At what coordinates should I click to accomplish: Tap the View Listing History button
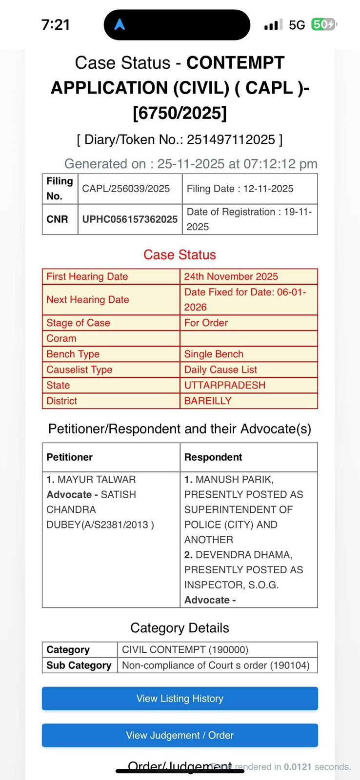tap(180, 698)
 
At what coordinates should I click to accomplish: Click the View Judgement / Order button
tap(180, 735)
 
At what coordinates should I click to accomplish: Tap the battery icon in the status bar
tap(323, 24)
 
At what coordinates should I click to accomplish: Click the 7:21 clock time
tap(56, 24)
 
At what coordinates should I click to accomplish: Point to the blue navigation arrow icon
tap(120, 24)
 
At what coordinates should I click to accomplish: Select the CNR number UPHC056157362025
tap(130, 219)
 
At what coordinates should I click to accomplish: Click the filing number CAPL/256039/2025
tap(126, 189)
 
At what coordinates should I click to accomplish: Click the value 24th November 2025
tap(231, 276)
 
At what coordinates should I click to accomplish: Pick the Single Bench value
tap(214, 354)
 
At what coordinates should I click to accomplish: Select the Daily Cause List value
tap(220, 370)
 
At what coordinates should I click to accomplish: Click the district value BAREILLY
tap(208, 401)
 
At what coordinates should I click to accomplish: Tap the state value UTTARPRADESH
tap(224, 385)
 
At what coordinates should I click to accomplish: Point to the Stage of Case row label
tap(78, 323)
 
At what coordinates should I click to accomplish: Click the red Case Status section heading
tap(180, 254)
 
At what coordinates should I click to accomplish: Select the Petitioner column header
tap(69, 457)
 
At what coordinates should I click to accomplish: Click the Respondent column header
tap(213, 457)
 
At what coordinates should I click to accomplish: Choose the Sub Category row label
tap(79, 665)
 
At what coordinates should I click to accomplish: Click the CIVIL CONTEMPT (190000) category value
tap(185, 649)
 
